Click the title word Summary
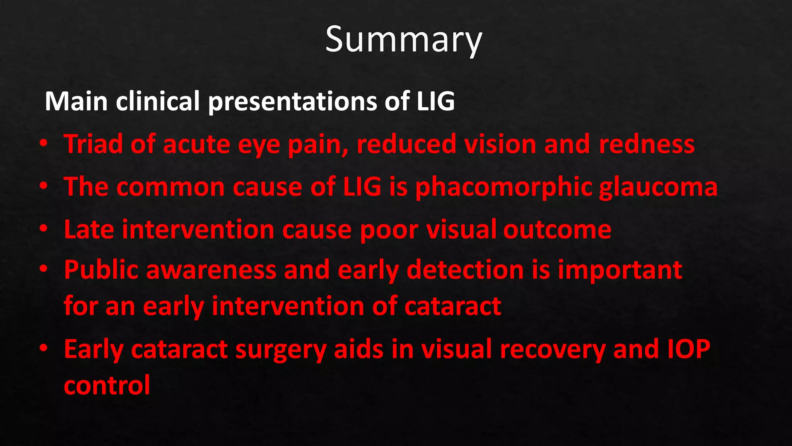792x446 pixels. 403,39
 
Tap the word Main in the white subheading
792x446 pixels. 76,101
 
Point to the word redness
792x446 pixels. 647,144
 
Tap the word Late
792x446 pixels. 89,230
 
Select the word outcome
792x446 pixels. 557,230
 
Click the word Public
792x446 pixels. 101,270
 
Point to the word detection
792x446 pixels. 465,270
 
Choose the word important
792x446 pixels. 620,270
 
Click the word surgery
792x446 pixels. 281,350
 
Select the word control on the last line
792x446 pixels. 107,385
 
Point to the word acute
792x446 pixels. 196,144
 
